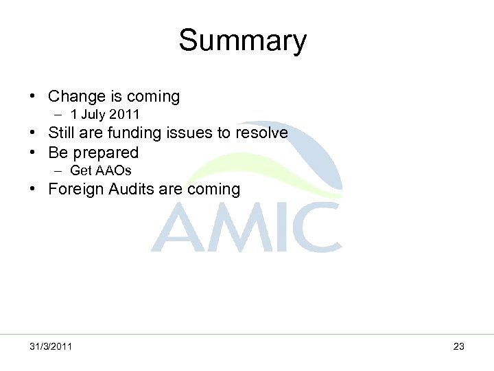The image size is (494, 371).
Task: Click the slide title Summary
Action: [242, 41]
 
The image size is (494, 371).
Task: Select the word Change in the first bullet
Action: [77, 96]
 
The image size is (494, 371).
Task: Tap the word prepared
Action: [106, 153]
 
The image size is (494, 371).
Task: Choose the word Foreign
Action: [78, 189]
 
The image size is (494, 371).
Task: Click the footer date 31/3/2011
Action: [51, 346]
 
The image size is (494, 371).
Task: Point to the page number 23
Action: [458, 346]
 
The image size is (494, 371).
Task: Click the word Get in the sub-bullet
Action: [80, 170]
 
